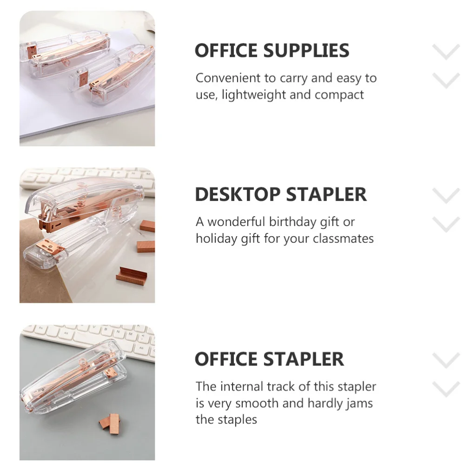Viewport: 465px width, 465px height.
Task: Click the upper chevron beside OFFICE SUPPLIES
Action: click(446, 51)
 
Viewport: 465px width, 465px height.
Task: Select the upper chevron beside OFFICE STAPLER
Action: click(446, 360)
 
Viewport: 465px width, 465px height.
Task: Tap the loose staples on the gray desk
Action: click(109, 421)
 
